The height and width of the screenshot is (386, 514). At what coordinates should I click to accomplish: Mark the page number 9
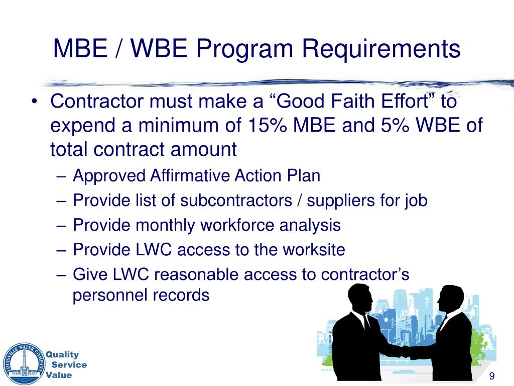491,377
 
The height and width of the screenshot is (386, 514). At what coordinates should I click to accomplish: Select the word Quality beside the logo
63,355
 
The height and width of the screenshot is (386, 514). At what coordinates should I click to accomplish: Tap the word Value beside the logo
59,375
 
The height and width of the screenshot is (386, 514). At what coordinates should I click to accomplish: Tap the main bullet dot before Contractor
35,103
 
